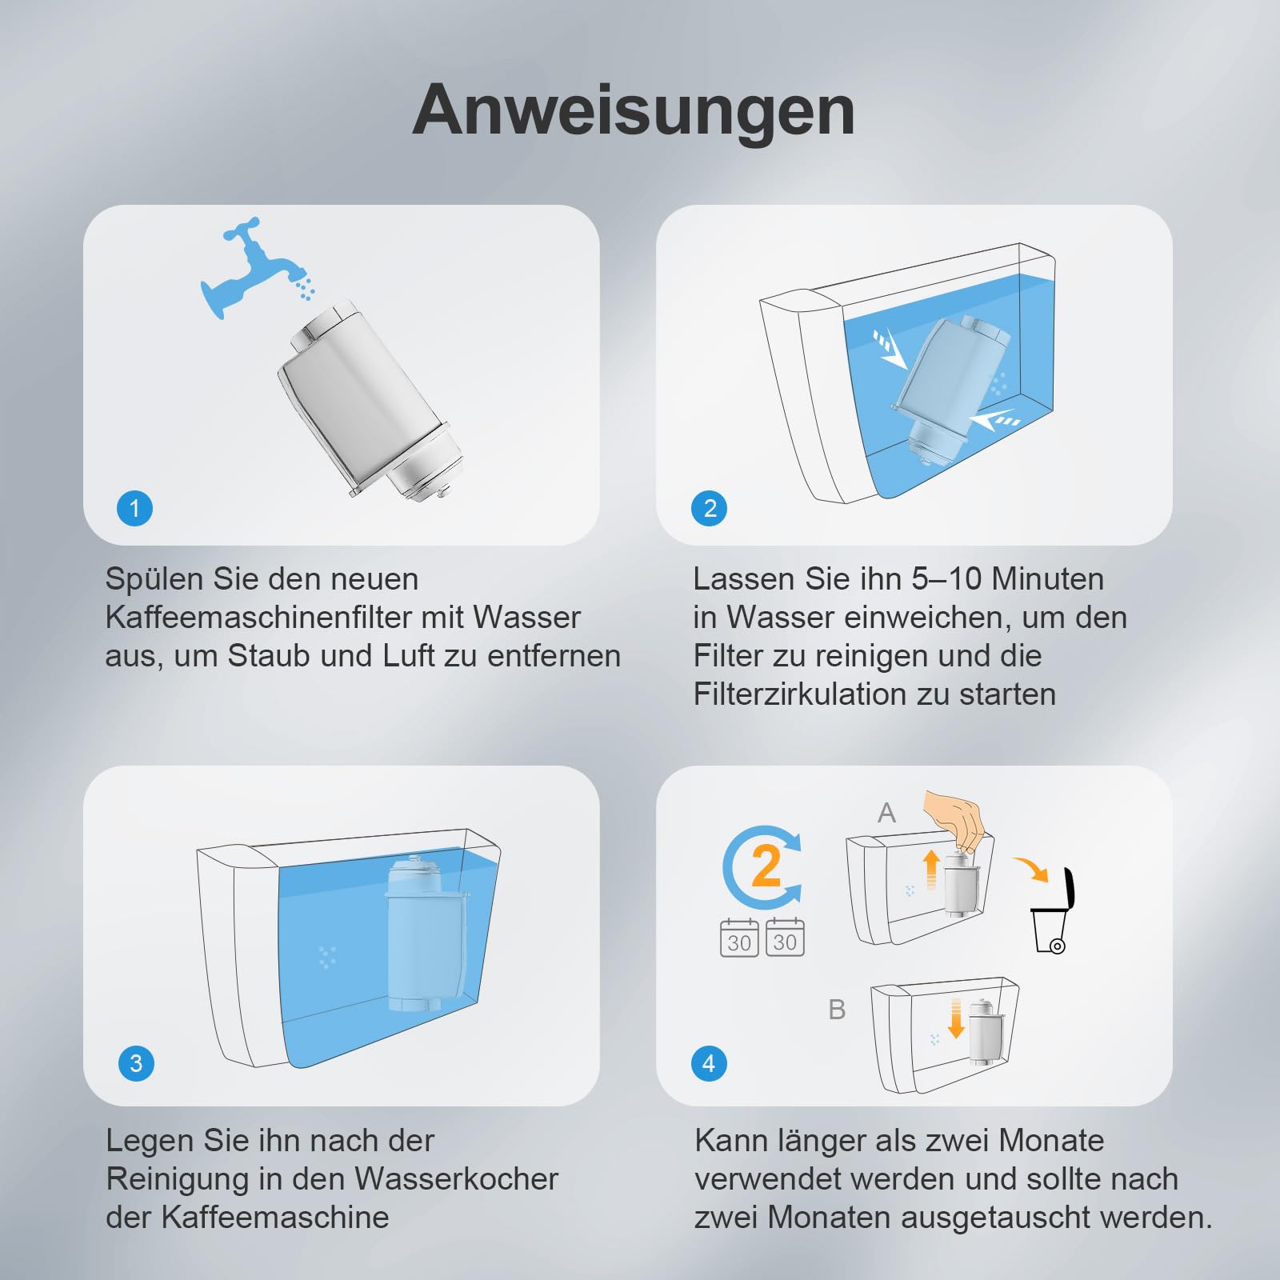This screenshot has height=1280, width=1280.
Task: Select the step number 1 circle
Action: (134, 508)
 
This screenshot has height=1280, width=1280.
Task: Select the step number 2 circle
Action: (710, 508)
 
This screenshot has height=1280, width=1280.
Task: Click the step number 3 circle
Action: (136, 1063)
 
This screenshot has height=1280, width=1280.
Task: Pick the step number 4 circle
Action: (709, 1063)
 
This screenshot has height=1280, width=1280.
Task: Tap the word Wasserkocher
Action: (456, 1179)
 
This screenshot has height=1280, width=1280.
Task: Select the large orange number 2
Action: (766, 866)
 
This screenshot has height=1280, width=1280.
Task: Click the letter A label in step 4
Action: (886, 813)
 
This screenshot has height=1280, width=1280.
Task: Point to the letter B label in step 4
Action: (837, 1010)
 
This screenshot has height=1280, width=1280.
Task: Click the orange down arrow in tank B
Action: (955, 1018)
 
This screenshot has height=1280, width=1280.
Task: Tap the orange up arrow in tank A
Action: (930, 870)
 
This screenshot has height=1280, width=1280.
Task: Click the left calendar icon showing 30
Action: (739, 938)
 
